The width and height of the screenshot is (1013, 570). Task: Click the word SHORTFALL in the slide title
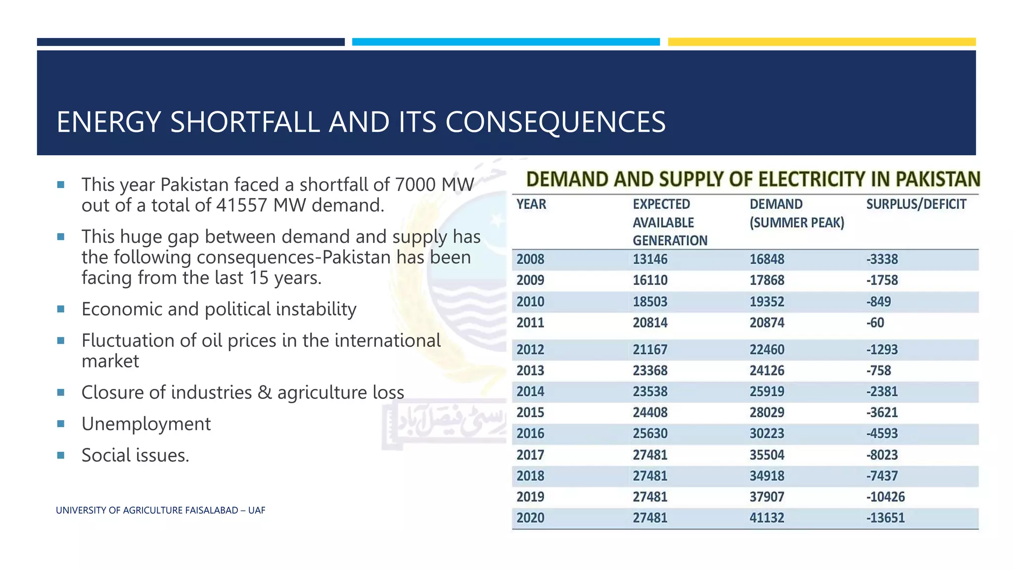[245, 122]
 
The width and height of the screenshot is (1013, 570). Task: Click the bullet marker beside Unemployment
[61, 424]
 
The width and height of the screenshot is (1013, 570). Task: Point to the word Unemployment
[146, 424]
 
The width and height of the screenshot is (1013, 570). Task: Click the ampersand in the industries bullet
[265, 392]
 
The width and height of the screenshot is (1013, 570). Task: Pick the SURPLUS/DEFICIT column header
[916, 204]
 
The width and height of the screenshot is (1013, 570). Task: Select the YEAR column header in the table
[531, 204]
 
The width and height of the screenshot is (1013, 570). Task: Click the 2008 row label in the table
[530, 259]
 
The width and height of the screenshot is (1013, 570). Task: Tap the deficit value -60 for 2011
[875, 323]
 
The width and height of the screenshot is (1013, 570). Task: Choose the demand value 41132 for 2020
[767, 518]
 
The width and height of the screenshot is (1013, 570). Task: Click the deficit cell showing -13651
[885, 518]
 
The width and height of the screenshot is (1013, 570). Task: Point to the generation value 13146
[650, 259]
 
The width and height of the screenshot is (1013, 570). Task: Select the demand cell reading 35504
[767, 455]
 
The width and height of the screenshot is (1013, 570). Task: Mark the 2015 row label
[530, 413]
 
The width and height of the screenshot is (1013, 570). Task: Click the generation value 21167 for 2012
[650, 350]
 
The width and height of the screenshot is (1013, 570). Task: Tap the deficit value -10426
[885, 497]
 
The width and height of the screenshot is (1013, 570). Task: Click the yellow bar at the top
[822, 42]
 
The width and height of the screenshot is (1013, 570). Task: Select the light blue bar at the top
[506, 42]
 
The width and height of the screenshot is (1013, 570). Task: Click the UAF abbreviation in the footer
[257, 511]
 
